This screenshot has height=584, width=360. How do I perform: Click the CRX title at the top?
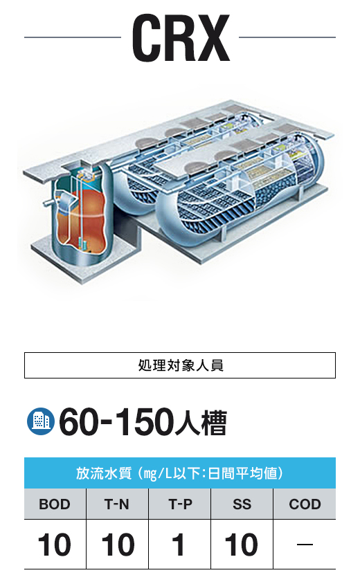[181, 37]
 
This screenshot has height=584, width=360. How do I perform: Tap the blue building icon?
[41, 421]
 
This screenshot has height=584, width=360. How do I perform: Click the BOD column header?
[55, 504]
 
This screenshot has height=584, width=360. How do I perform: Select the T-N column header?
[117, 504]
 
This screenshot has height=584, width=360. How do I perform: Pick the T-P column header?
[180, 504]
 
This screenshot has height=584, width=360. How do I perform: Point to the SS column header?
[242, 504]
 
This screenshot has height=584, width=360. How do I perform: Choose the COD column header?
[305, 504]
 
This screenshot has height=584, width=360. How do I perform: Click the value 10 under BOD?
[55, 545]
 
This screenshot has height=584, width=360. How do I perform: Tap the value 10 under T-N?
[118, 545]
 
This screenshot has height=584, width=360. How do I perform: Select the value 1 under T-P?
[179, 545]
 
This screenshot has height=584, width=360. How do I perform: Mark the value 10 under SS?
[242, 545]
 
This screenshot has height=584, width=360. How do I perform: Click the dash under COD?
[305, 545]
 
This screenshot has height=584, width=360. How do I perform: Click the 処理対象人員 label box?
[180, 365]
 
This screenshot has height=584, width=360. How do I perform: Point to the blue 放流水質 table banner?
[180, 473]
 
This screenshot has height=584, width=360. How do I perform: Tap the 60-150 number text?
[116, 422]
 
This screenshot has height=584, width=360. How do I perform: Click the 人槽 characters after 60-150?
[201, 423]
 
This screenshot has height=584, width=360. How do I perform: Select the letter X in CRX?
[213, 37]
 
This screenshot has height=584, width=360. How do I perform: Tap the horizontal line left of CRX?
[73, 37]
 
